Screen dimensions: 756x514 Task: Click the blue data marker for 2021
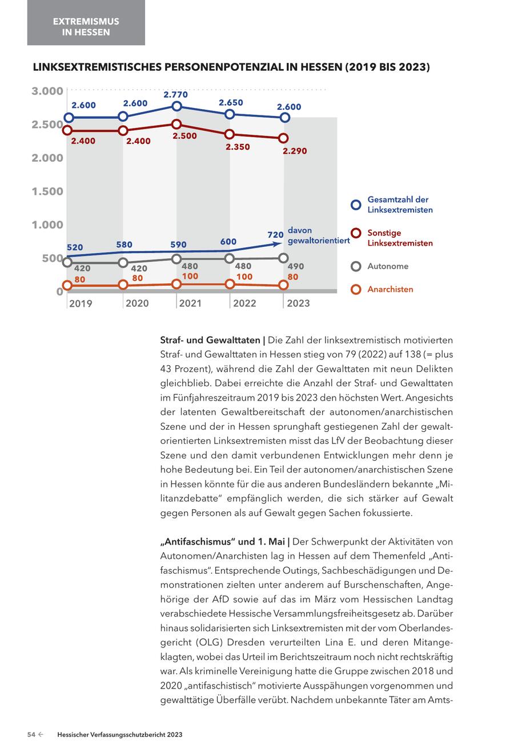pyautogui.click(x=176, y=106)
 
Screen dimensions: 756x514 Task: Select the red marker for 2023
pyautogui.click(x=284, y=138)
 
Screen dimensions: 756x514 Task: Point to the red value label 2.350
pyautogui.click(x=238, y=147)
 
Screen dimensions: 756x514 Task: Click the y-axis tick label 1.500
pyautogui.click(x=47, y=191)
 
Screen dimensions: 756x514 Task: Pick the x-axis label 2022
pyautogui.click(x=244, y=303)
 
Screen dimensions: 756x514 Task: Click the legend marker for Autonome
pyautogui.click(x=356, y=266)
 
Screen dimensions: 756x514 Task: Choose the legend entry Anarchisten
pyautogui.click(x=390, y=289)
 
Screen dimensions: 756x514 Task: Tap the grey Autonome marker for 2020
pyautogui.click(x=123, y=263)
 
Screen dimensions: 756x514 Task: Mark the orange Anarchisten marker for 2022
pyautogui.click(x=230, y=283)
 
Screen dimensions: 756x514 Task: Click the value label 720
pyautogui.click(x=275, y=234)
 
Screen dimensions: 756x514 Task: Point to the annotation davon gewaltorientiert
pyautogui.click(x=318, y=235)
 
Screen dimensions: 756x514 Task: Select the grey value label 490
pyautogui.click(x=296, y=267)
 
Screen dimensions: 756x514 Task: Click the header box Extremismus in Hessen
pyautogui.click(x=86, y=26)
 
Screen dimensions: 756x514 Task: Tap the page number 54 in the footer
pyautogui.click(x=32, y=735)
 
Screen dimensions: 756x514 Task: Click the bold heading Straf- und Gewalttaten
pyautogui.click(x=208, y=341)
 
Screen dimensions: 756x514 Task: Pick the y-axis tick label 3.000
pyautogui.click(x=47, y=91)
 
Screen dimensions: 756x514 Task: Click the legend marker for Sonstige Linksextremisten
pyautogui.click(x=356, y=233)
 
